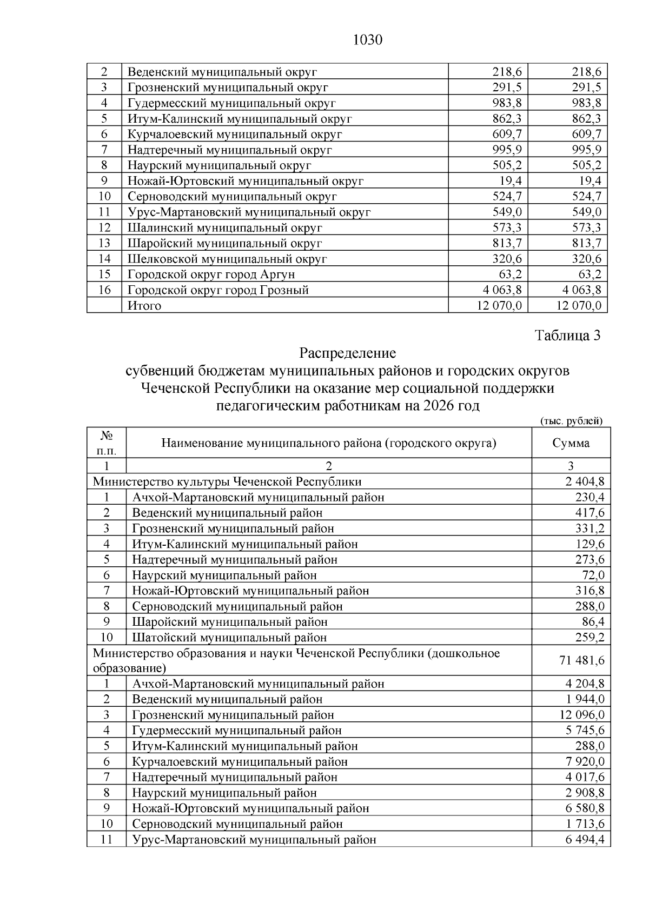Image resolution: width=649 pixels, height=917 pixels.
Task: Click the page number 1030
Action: pyautogui.click(x=367, y=41)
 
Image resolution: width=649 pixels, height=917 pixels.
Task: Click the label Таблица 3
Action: pyautogui.click(x=568, y=336)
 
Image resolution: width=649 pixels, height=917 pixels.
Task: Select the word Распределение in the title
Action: pyautogui.click(x=348, y=353)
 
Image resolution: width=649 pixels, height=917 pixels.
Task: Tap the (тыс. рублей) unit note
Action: pyautogui.click(x=571, y=421)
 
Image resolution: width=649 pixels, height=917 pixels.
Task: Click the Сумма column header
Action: pyautogui.click(x=571, y=444)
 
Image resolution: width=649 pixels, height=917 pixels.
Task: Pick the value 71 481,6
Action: pyautogui.click(x=582, y=660)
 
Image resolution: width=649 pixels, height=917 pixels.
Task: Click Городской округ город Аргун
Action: pyautogui.click(x=211, y=275)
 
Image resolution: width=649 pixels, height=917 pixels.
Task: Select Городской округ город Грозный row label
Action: pyautogui.click(x=218, y=290)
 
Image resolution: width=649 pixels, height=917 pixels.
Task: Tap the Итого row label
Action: pyautogui.click(x=144, y=306)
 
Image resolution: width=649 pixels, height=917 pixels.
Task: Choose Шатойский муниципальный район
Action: pyautogui.click(x=229, y=638)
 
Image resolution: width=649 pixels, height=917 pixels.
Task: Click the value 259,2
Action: pyautogui.click(x=590, y=638)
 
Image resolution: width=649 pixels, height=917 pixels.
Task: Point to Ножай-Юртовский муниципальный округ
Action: pyautogui.click(x=246, y=181)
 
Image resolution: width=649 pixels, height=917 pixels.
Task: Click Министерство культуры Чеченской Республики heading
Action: pyautogui.click(x=227, y=481)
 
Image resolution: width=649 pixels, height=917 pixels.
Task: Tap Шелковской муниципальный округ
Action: pyautogui.click(x=227, y=259)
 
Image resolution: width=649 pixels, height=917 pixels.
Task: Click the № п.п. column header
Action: pyautogui.click(x=106, y=443)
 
